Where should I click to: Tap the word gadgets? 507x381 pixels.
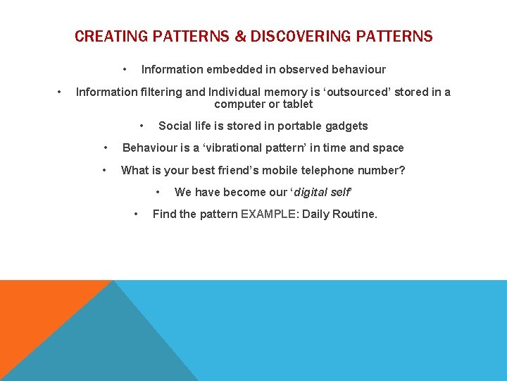pyautogui.click(x=345, y=126)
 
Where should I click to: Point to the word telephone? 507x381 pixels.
pyautogui.click(x=318, y=170)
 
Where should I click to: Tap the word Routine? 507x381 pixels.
pyautogui.click(x=356, y=214)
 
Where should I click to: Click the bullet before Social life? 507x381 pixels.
pyautogui.click(x=142, y=126)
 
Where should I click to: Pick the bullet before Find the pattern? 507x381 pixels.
pyautogui.click(x=136, y=214)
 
